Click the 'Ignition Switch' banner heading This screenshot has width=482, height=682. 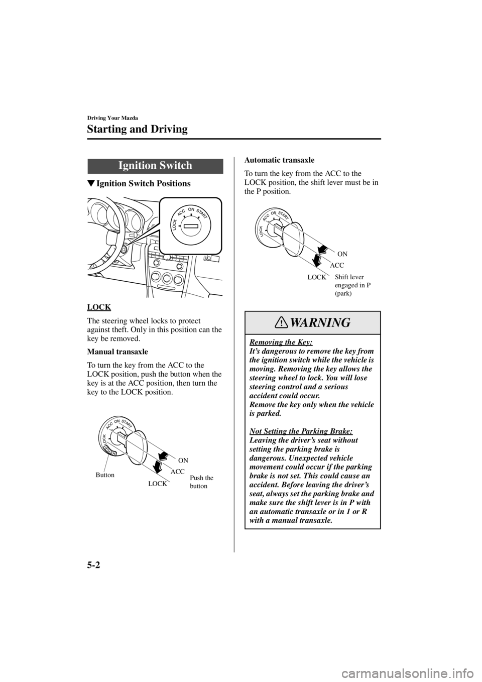pyautogui.click(x=155, y=166)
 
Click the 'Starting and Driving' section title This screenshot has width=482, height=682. pyautogui.click(x=137, y=129)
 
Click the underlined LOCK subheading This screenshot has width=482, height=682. pyautogui.click(x=99, y=307)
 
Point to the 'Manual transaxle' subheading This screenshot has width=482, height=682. pyautogui.click(x=117, y=352)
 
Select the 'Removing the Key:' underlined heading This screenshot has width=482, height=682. pyautogui.click(x=281, y=342)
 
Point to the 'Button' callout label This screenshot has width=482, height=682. pyautogui.click(x=105, y=475)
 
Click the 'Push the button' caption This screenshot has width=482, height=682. pyautogui.click(x=201, y=482)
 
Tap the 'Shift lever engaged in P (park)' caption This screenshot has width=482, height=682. pyautogui.click(x=352, y=285)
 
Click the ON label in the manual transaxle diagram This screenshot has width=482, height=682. pyautogui.click(x=183, y=461)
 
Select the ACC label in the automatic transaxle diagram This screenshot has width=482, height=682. pyautogui.click(x=337, y=266)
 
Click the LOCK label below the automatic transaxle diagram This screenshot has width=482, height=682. pyautogui.click(x=316, y=277)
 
